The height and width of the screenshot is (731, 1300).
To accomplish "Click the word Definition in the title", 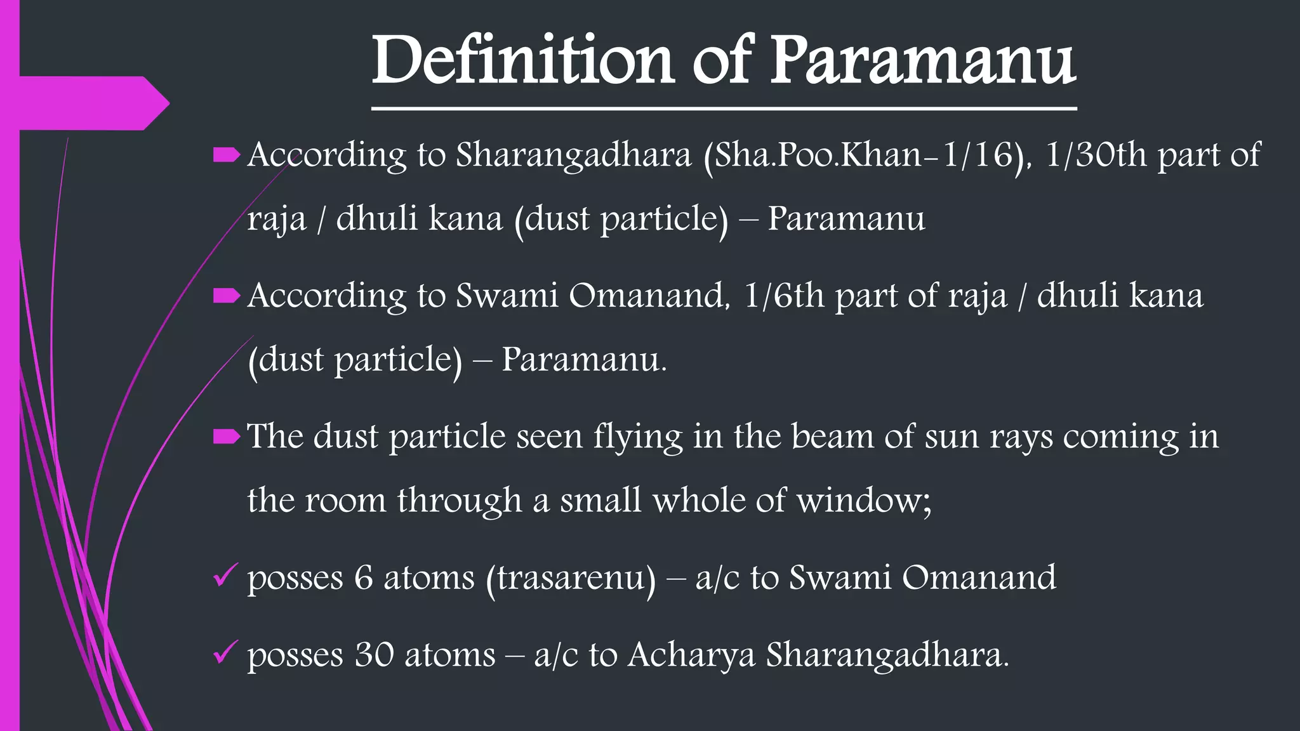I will pyautogui.click(x=522, y=60).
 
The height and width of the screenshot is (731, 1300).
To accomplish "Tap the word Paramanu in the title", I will pyautogui.click(x=923, y=60).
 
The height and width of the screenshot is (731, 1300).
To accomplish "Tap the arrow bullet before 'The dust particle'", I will pyautogui.click(x=226, y=436).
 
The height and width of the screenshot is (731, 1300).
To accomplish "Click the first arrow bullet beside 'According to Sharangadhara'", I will pyautogui.click(x=226, y=155).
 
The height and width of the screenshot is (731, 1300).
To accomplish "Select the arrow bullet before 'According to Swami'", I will pyautogui.click(x=226, y=296).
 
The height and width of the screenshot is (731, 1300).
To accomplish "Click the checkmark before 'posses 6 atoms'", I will pyautogui.click(x=225, y=576).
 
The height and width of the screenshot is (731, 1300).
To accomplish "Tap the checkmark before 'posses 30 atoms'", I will pyautogui.click(x=225, y=652).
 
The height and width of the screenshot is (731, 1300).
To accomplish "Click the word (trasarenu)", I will pyautogui.click(x=571, y=578).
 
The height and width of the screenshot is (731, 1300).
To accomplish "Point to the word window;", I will pyautogui.click(x=864, y=501).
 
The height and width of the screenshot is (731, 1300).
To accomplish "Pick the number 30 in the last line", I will pyautogui.click(x=374, y=655).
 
